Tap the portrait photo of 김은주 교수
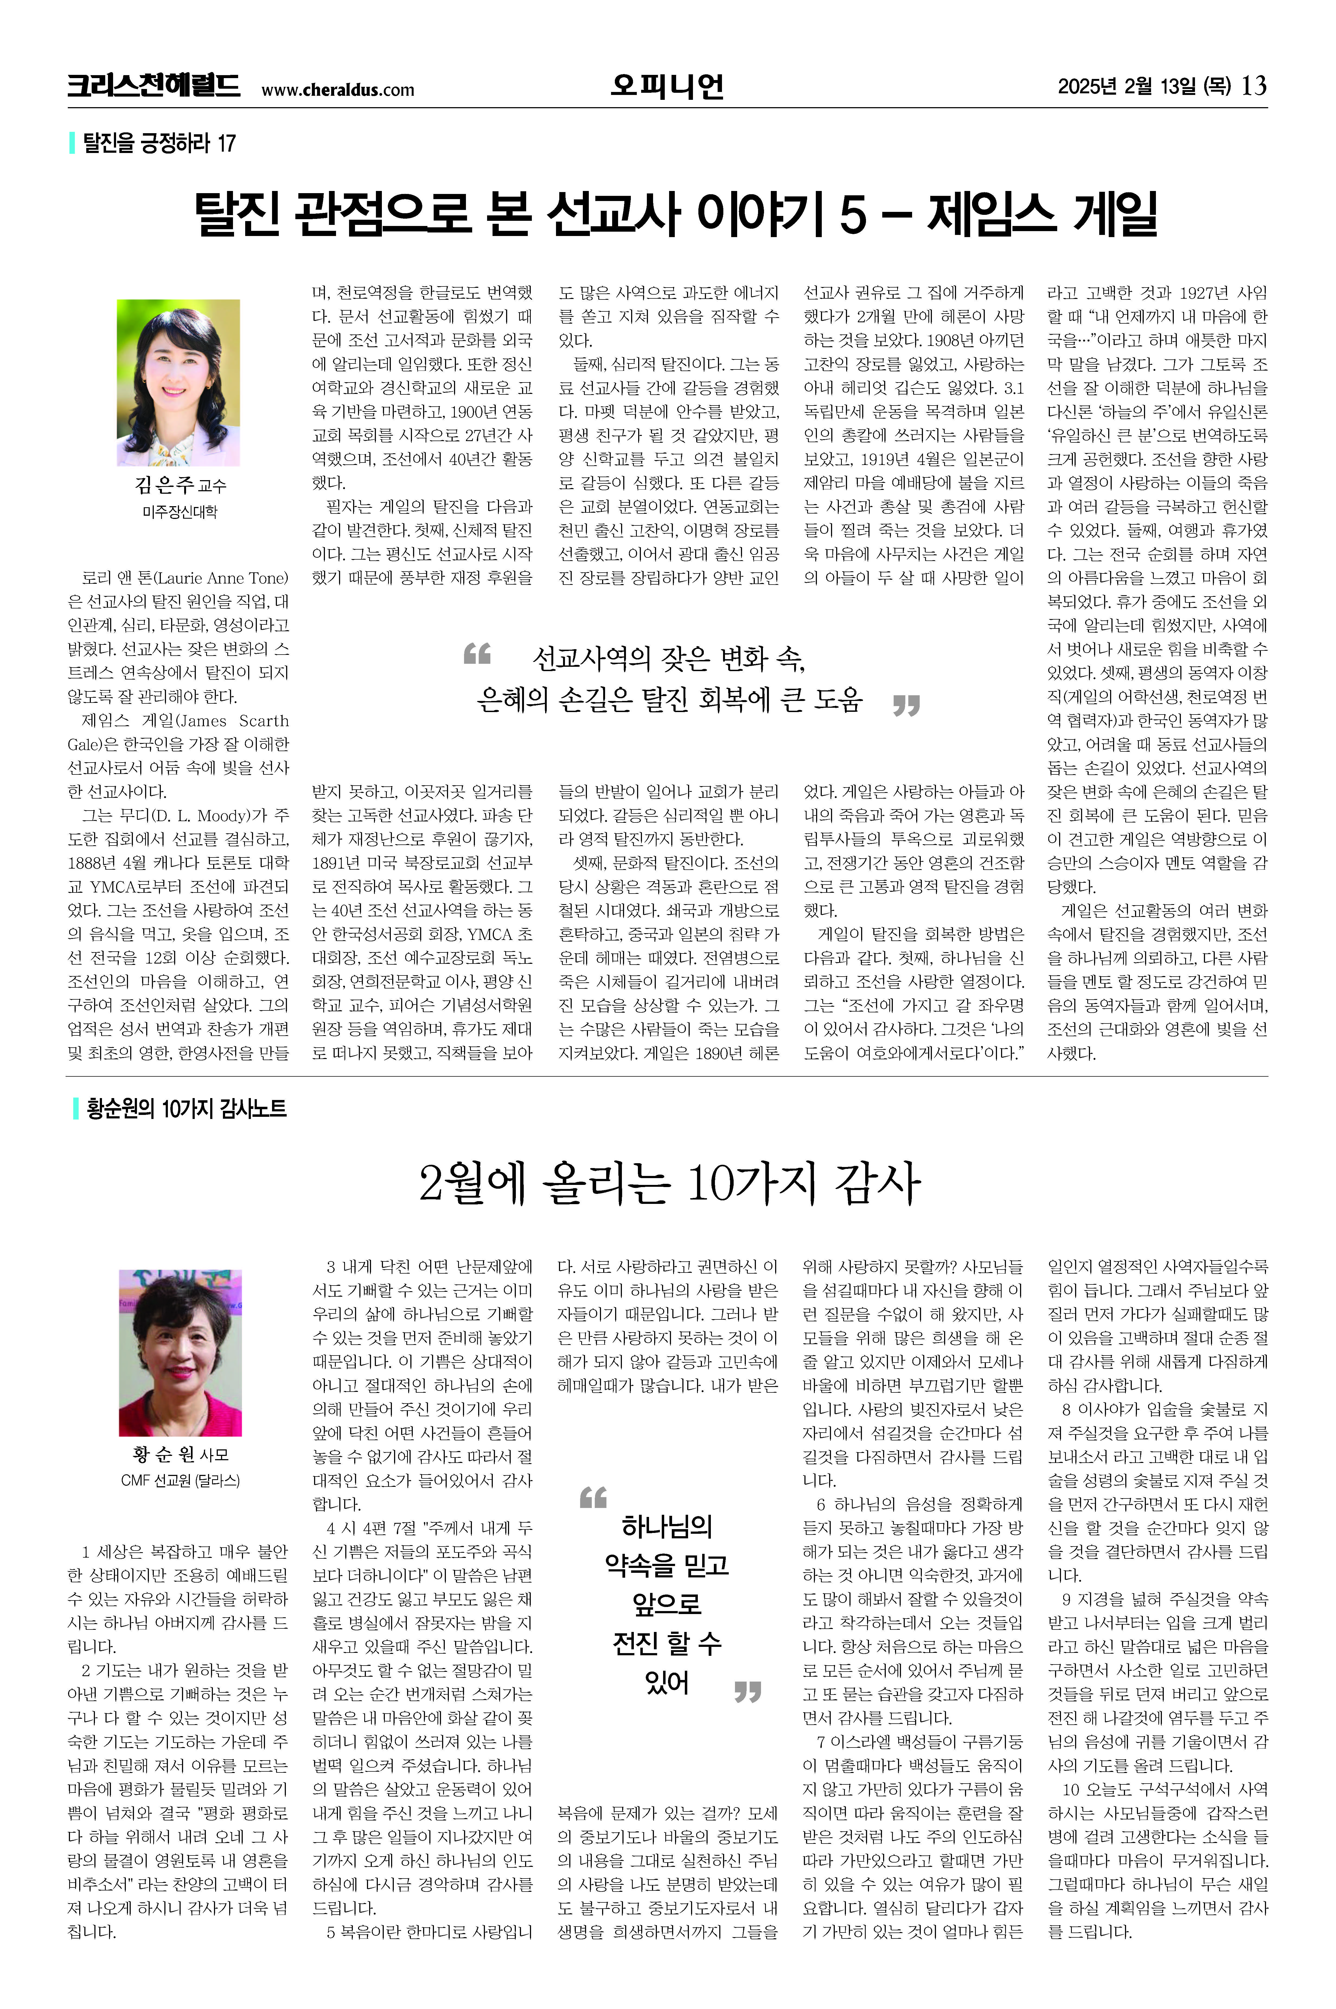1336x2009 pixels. pos(178,382)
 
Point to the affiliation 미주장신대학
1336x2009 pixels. pos(179,512)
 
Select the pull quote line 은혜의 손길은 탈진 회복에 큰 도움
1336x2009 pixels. pos(670,700)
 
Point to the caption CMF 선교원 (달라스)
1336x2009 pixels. pos(180,1481)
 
